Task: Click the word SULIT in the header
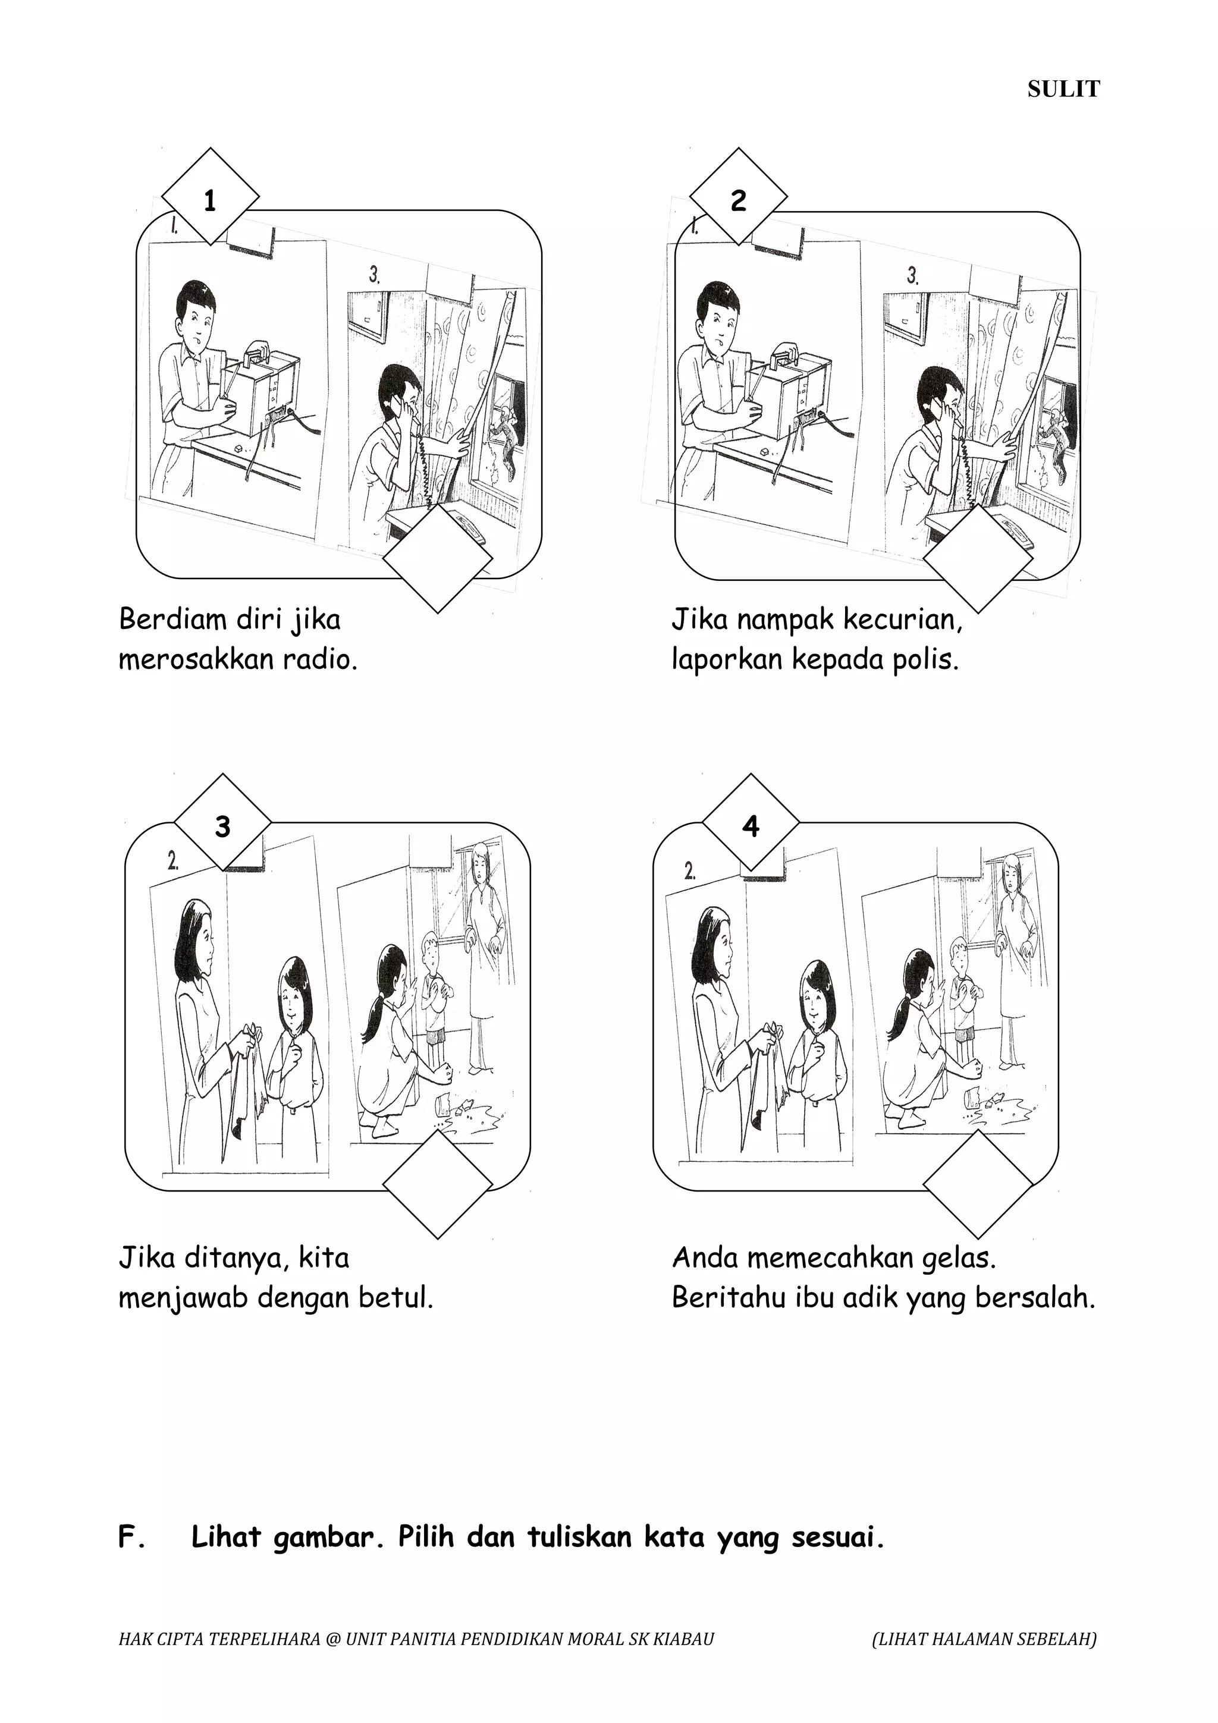(x=1063, y=89)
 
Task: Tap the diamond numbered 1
(x=210, y=197)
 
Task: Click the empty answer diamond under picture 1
(x=438, y=559)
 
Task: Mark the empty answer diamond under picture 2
(x=977, y=559)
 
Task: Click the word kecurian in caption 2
(x=903, y=620)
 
